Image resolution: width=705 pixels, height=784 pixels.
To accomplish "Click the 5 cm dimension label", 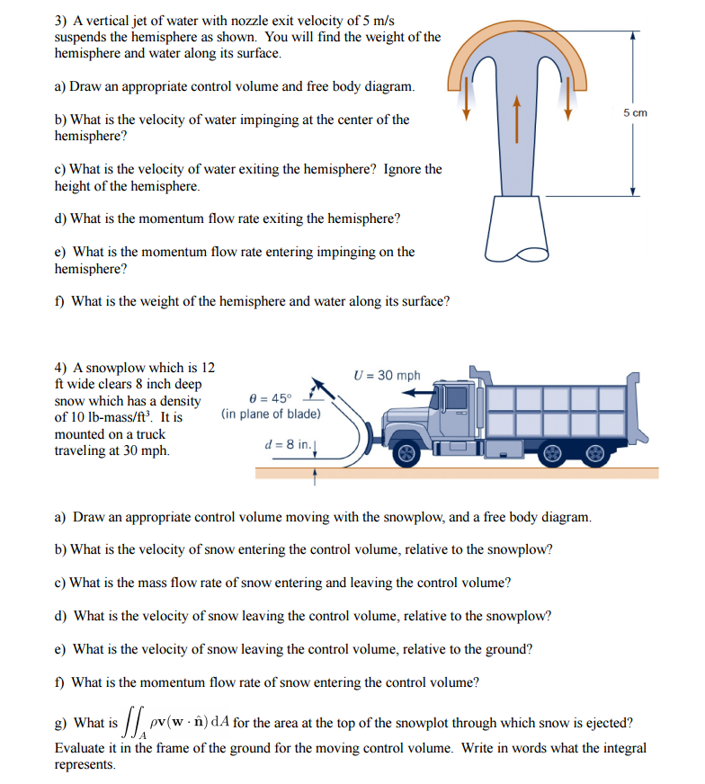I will [634, 112].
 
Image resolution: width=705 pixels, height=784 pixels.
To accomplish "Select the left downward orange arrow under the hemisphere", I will [467, 103].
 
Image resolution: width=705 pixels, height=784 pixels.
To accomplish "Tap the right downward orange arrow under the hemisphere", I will [568, 103].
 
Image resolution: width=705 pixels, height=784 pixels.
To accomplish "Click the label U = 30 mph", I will [387, 375].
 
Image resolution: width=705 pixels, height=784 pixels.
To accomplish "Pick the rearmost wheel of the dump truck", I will [595, 454].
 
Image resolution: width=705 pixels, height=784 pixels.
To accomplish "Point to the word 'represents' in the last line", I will [85, 765].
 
